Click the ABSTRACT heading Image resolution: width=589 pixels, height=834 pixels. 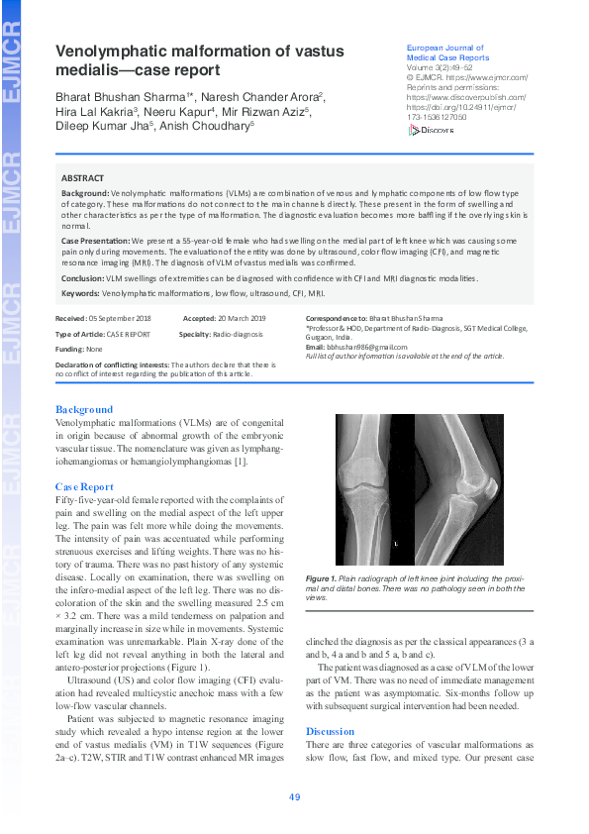click(82, 178)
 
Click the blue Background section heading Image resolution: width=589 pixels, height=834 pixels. click(84, 409)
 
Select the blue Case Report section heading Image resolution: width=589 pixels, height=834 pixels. click(84, 486)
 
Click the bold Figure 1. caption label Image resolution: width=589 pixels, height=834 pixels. click(322, 577)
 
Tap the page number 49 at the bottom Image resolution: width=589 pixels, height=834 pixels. click(294, 797)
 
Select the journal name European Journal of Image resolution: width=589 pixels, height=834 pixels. click(444, 48)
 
